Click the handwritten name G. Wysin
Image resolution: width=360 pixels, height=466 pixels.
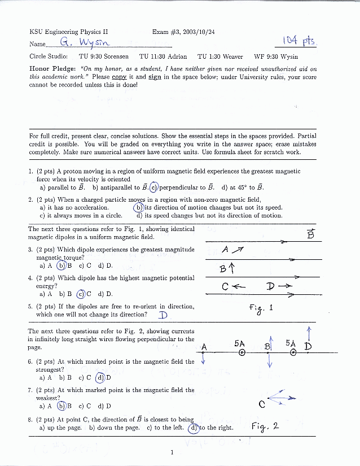pos(82,42)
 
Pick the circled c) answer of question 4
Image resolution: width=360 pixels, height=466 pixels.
pos(81,294)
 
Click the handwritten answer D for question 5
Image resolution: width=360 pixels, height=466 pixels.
pos(163,315)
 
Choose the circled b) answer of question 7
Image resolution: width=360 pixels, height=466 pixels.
pos(62,406)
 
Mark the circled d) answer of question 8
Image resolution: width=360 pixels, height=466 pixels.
pos(193,428)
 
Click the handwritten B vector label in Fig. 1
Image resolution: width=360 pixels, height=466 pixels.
pos(310,233)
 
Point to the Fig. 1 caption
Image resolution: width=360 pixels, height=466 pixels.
pos(261,308)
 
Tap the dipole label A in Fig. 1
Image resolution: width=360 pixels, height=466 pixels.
pos(225,250)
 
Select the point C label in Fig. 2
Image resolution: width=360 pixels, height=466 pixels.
pos(262,404)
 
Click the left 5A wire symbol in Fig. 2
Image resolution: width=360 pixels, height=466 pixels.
pos(242,353)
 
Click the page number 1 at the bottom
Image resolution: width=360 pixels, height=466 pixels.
pos(172,452)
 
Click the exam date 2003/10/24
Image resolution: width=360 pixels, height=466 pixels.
pos(198,32)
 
